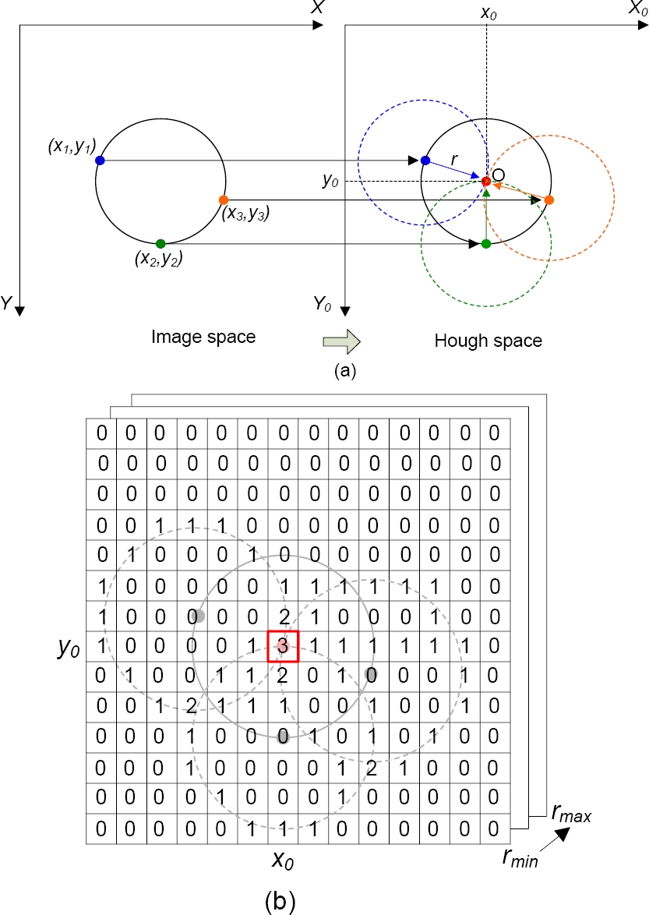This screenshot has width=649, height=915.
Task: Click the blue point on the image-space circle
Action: click(x=100, y=161)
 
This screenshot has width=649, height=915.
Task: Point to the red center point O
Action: click(x=485, y=182)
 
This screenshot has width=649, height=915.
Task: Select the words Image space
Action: click(x=203, y=337)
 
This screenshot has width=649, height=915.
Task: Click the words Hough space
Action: click(x=488, y=341)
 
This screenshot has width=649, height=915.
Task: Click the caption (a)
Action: click(x=344, y=372)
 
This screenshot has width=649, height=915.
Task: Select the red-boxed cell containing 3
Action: click(x=283, y=646)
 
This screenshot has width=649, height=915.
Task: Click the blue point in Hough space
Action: click(x=425, y=161)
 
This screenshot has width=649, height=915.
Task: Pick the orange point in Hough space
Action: click(x=549, y=200)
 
